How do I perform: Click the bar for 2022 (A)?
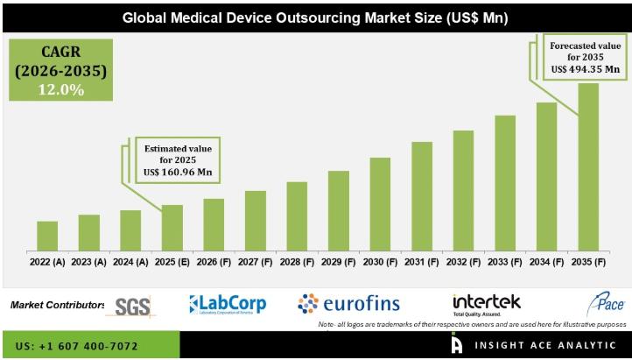coord(47,236)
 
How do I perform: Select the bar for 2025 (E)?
coord(172,228)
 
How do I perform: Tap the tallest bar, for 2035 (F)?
coord(588,166)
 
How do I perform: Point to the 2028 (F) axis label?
coord(297,261)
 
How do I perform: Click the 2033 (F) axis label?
coord(504,261)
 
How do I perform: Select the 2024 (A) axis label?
coord(130,261)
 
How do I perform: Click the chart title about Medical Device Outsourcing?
coord(315,17)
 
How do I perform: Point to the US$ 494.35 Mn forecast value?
coord(585,68)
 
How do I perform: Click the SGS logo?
coord(133,305)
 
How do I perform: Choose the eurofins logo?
coord(348,304)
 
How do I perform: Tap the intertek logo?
coord(487,303)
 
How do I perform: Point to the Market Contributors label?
coord(57,305)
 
